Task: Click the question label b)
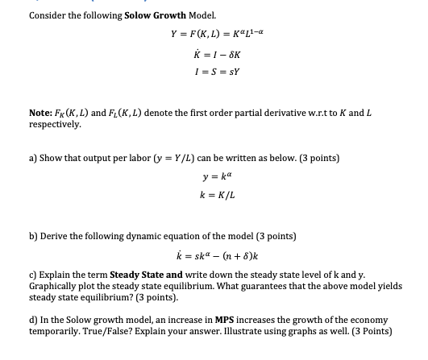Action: click(33, 236)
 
